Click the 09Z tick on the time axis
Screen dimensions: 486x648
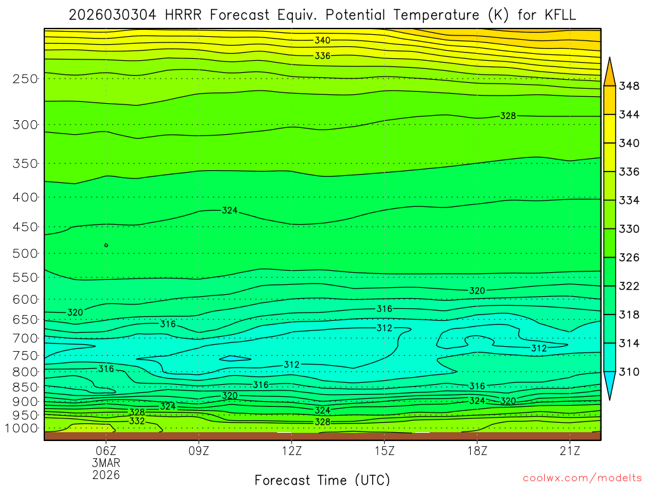pyautogui.click(x=199, y=451)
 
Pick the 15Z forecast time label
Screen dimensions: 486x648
pyautogui.click(x=385, y=451)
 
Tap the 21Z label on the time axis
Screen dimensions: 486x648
pyautogui.click(x=570, y=451)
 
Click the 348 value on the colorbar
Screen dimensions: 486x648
pyautogui.click(x=629, y=85)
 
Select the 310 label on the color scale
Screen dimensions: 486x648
pyautogui.click(x=629, y=372)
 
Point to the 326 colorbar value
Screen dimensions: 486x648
pyautogui.click(x=629, y=258)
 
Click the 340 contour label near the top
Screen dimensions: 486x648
pyautogui.click(x=323, y=40)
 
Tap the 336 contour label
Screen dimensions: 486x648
pyautogui.click(x=323, y=56)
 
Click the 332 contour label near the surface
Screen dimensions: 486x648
pyautogui.click(x=137, y=421)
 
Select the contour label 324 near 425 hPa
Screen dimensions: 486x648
pyautogui.click(x=230, y=210)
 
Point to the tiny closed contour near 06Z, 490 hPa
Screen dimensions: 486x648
pyautogui.click(x=106, y=245)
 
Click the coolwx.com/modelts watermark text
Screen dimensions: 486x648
pyautogui.click(x=582, y=478)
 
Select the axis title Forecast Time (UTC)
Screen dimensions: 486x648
pyautogui.click(x=322, y=480)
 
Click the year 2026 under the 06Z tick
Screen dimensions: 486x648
pyautogui.click(x=106, y=474)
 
